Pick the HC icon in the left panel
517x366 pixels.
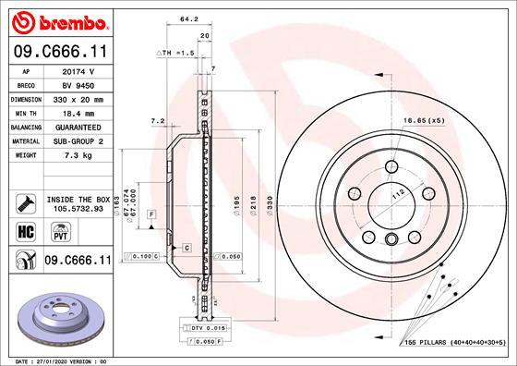click(x=23, y=230)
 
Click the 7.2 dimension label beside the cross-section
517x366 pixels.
click(x=157, y=121)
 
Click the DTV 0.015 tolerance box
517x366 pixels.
click(x=208, y=328)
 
